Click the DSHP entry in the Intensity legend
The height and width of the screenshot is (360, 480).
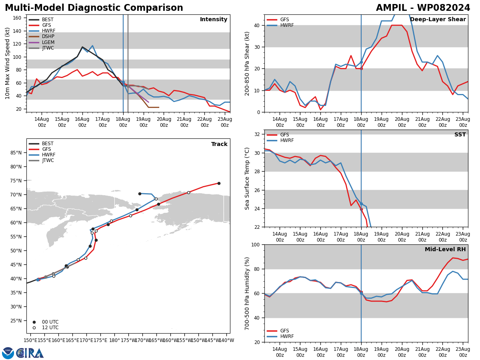42,36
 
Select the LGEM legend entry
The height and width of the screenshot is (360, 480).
42,42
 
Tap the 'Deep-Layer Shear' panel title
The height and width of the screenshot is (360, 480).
438,19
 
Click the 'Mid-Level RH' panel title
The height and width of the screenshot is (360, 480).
445,249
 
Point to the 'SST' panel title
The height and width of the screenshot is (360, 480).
460,134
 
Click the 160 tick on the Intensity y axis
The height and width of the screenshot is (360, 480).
17,18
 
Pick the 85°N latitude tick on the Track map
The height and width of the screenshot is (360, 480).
16,152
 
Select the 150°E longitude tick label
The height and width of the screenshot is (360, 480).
30,340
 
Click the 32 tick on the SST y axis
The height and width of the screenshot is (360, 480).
257,134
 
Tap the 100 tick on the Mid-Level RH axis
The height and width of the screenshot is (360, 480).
256,244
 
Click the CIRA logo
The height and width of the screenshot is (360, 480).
30,353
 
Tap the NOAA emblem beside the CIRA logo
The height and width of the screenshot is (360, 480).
8,353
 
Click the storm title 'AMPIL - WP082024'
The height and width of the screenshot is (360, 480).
423,8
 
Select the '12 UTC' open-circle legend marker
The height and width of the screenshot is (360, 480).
34,328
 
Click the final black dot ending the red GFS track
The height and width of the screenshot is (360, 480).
219,183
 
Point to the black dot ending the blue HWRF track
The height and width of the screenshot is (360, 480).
140,194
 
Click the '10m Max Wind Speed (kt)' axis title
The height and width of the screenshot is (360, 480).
8,63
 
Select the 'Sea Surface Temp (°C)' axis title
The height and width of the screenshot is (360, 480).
247,178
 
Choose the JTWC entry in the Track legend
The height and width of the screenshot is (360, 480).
41,160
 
